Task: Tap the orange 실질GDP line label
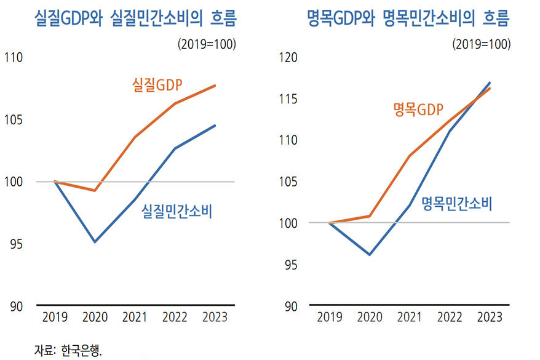[161, 84]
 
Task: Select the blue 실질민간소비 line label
[177, 212]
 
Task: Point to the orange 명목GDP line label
[418, 110]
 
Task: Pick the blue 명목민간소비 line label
[457, 204]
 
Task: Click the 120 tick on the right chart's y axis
[288, 58]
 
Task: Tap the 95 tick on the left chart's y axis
[15, 244]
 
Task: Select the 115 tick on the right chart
[288, 99]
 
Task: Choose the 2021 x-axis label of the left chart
[135, 318]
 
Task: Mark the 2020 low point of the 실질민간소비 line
[95, 242]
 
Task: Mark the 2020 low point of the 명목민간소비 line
[369, 254]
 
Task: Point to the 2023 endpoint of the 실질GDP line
[215, 85]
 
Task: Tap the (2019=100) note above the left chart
[207, 44]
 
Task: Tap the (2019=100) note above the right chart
[482, 44]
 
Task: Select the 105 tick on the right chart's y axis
[288, 182]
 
